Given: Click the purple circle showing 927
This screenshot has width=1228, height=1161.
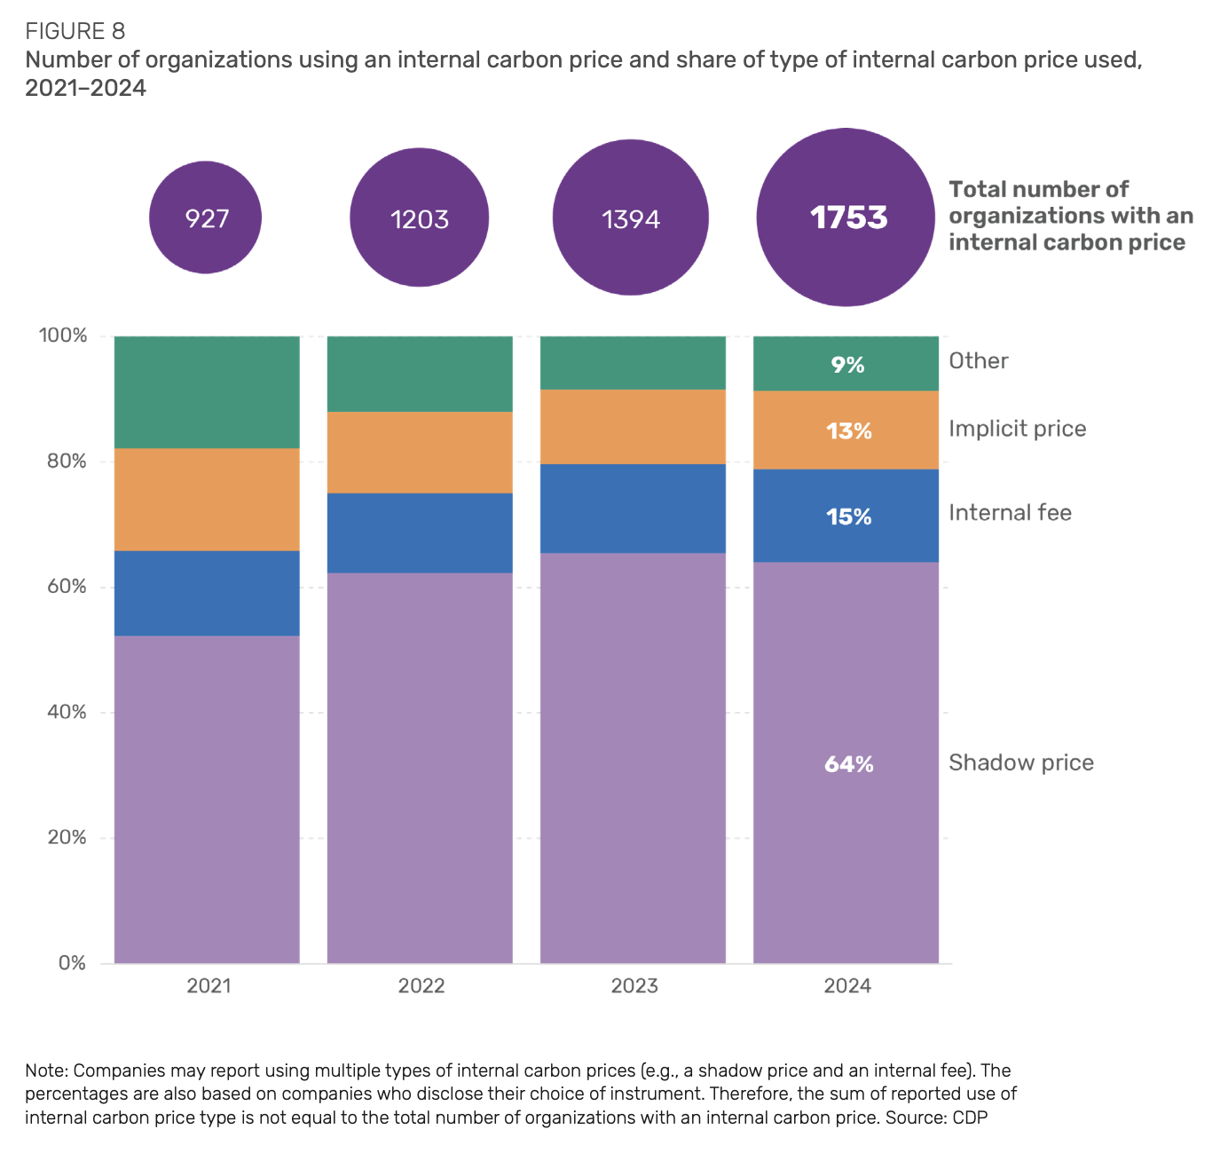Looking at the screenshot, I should pyautogui.click(x=206, y=217).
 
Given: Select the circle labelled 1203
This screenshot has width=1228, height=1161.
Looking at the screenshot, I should pyautogui.click(x=420, y=218).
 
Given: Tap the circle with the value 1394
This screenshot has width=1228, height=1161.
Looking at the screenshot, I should pyautogui.click(x=631, y=218).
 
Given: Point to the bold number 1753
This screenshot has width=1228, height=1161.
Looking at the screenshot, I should pyautogui.click(x=848, y=217).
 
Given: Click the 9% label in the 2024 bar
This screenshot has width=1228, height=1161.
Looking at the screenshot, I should pyautogui.click(x=847, y=365).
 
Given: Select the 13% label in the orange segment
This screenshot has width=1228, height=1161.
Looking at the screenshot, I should pyautogui.click(x=849, y=431).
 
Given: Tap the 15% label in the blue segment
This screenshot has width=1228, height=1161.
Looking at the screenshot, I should pyautogui.click(x=849, y=517).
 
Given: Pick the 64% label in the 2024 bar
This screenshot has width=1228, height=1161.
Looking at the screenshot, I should pyautogui.click(x=849, y=764).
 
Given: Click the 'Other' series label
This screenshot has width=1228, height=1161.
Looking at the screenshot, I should pyautogui.click(x=979, y=361).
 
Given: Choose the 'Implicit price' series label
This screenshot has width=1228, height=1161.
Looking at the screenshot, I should pyautogui.click(x=1017, y=429).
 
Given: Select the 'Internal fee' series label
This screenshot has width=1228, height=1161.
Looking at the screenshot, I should pyautogui.click(x=1010, y=513).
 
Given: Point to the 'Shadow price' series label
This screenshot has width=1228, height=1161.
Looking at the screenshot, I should pyautogui.click(x=1020, y=763).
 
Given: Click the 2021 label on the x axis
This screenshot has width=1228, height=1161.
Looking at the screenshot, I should pyautogui.click(x=209, y=986).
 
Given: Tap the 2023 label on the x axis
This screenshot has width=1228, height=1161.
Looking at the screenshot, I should pyautogui.click(x=634, y=986).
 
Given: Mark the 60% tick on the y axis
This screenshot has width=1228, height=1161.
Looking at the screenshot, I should pyautogui.click(x=62, y=587).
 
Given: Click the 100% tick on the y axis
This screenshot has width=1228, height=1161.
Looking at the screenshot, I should pyautogui.click(x=62, y=336).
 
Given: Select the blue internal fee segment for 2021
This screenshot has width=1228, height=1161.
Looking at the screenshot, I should pyautogui.click(x=207, y=593).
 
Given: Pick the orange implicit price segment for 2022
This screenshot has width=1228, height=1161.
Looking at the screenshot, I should pyautogui.click(x=420, y=452).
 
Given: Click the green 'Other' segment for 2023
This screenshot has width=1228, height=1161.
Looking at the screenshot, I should pyautogui.click(x=633, y=362).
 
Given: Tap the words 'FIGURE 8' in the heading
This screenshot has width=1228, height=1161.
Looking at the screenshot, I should pyautogui.click(x=75, y=32).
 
